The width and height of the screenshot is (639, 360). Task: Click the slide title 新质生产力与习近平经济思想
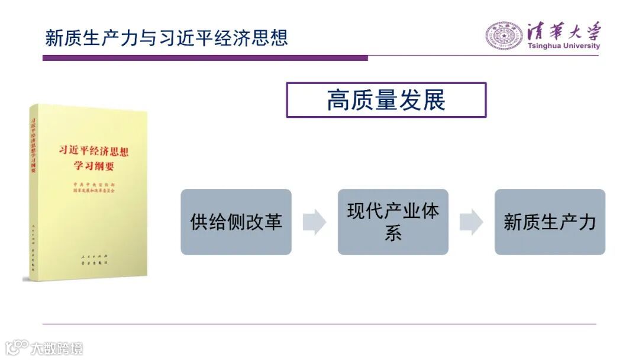pos(166,37)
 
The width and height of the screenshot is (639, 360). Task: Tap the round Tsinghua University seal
pos(504,36)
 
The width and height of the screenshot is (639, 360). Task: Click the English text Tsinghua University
pos(563,46)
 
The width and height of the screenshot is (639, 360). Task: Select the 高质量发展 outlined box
pos(386,100)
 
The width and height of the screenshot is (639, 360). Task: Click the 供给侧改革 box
pos(236,222)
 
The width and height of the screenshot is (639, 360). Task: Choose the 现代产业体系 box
pos(393,222)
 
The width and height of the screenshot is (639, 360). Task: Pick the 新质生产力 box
pos(550,222)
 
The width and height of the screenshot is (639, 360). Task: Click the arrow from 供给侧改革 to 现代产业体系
pos(314,222)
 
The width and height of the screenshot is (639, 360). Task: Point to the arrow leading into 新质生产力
pos(471,222)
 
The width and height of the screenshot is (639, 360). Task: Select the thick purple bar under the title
pos(205,58)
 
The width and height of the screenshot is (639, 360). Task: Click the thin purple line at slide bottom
pos(319,324)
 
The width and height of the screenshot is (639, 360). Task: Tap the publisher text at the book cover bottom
pos(95,259)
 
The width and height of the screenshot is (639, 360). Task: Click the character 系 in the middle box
pos(393,233)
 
